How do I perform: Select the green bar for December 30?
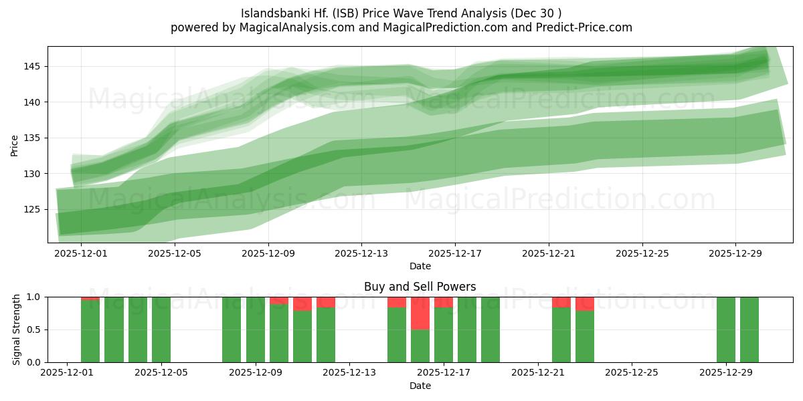(749, 329)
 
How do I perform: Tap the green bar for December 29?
(725, 329)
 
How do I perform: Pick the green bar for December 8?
(232, 329)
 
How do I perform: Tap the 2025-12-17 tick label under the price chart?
(455, 253)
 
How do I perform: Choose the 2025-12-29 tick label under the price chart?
(735, 253)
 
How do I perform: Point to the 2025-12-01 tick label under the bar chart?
(67, 373)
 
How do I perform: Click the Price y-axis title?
(15, 144)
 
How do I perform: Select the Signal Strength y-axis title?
(17, 329)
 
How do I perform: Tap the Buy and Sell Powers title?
(420, 287)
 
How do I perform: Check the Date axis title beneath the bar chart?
(420, 386)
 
